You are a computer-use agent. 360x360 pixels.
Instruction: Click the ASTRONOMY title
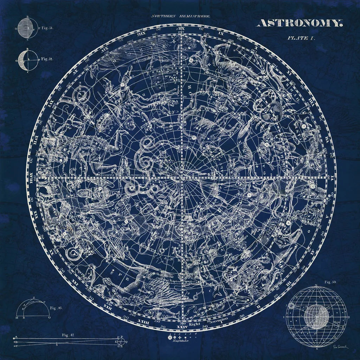pyautogui.click(x=300, y=23)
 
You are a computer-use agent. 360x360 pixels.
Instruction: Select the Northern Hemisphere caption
pyautogui.click(x=181, y=16)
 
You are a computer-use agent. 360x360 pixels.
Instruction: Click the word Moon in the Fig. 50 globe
pyautogui.click(x=336, y=321)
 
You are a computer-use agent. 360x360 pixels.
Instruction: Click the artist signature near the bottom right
pyautogui.click(x=340, y=347)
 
